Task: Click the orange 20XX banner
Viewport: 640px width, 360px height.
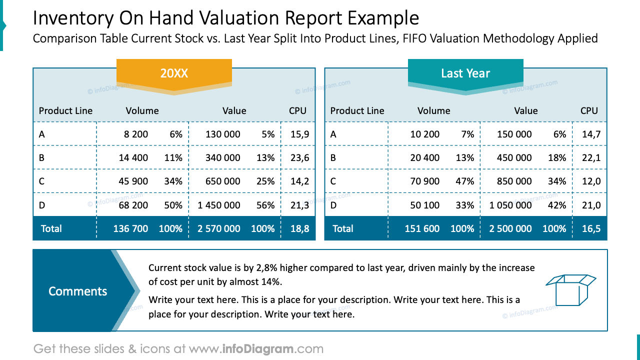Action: coord(174,73)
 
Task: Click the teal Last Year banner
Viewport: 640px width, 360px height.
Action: coord(465,73)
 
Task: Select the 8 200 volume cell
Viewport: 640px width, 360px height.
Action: coord(133,134)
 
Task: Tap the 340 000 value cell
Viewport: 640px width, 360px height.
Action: coord(222,157)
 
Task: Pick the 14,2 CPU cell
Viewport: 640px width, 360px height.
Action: coord(299,181)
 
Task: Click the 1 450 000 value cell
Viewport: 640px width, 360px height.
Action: coord(219,205)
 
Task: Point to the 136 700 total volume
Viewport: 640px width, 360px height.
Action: coord(130,228)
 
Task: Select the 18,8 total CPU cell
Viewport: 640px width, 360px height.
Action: coord(299,228)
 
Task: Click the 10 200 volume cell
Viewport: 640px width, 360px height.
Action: coord(424,134)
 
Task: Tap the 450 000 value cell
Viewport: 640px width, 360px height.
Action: coord(514,157)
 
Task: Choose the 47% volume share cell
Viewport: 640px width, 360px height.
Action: coord(465,181)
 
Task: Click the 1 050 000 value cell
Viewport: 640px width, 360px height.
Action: coord(510,205)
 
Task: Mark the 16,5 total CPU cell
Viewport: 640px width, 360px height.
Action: coord(591,228)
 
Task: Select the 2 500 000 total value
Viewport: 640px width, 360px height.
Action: coord(510,228)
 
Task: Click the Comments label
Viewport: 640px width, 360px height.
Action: coord(77,291)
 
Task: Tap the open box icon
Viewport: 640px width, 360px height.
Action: coord(570,289)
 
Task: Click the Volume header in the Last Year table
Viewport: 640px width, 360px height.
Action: coord(433,110)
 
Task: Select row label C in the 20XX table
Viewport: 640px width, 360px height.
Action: coord(41,181)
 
